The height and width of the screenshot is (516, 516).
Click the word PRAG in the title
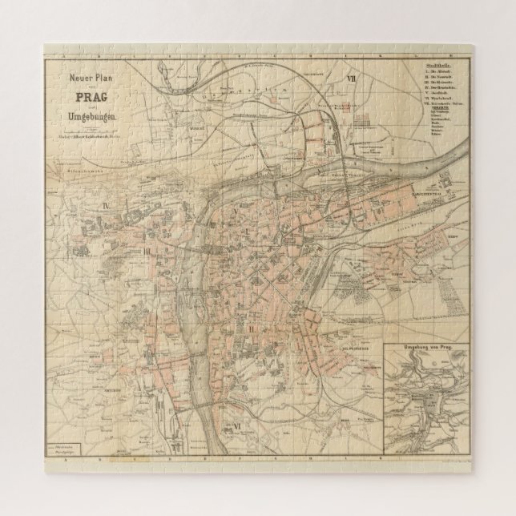(x=95, y=96)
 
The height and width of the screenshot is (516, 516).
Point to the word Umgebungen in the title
(x=95, y=118)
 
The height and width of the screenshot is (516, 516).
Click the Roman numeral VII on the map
(x=350, y=79)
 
